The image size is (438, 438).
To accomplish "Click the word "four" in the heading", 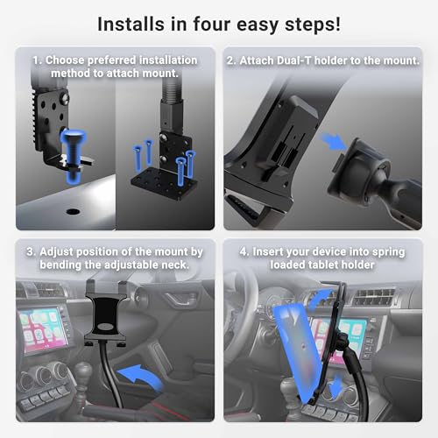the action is pos(212,24).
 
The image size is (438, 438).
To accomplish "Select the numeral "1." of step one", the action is pos(38,60).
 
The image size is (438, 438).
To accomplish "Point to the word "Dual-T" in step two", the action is pos(294,60).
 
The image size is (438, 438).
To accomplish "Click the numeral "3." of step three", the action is pos(32,251).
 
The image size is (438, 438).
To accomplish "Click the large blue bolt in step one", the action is pos(73,156).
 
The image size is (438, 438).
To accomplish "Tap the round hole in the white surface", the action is pos(73,211).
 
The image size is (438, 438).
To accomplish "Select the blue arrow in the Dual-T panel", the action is pos(334,141).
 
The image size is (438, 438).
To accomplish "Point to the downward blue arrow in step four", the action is pos(336,386).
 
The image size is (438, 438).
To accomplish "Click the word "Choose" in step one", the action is pos(65,60).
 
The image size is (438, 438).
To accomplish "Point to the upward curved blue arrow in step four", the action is pos(321,300).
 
